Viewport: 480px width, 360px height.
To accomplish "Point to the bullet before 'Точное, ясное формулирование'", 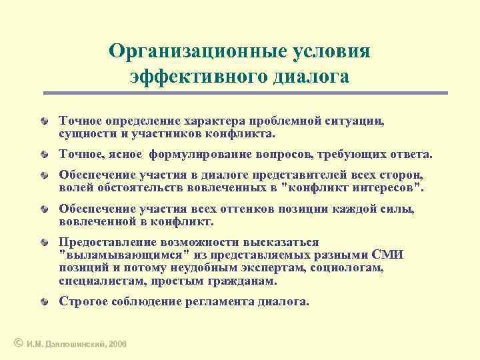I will [x=43, y=155].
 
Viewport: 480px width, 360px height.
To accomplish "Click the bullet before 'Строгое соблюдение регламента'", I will [x=43, y=302].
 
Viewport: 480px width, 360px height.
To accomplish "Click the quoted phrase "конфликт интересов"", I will [x=354, y=187].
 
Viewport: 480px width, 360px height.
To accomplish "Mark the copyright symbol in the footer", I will [x=18, y=343].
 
